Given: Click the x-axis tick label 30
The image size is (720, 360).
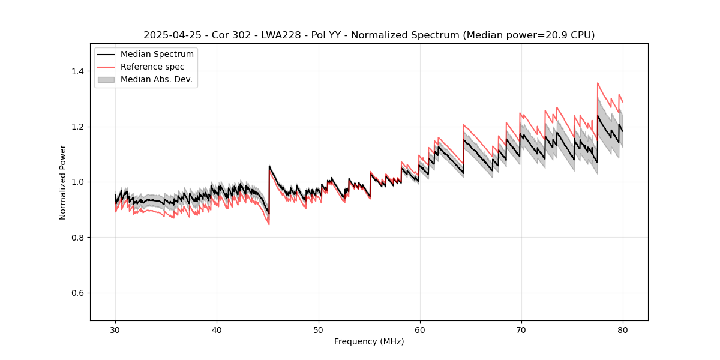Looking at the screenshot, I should (115, 330).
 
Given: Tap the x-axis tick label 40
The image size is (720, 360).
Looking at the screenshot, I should (217, 330).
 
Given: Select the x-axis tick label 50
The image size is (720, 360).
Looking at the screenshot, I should (318, 330).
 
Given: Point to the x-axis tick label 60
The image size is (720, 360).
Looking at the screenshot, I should (419, 330).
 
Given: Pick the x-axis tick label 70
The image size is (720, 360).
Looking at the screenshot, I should (521, 330).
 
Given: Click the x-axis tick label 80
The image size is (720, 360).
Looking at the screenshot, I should (622, 330).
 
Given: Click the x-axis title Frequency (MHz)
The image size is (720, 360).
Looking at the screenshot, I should (369, 341).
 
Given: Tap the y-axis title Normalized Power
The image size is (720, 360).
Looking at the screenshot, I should (63, 182).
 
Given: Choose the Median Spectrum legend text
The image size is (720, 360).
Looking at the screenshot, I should (157, 55).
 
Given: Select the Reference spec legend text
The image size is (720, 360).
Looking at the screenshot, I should (152, 67).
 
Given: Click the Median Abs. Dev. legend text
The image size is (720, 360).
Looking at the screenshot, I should (157, 79).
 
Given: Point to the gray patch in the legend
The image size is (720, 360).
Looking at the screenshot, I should (106, 79).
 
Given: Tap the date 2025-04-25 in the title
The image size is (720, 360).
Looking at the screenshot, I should (170, 35).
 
